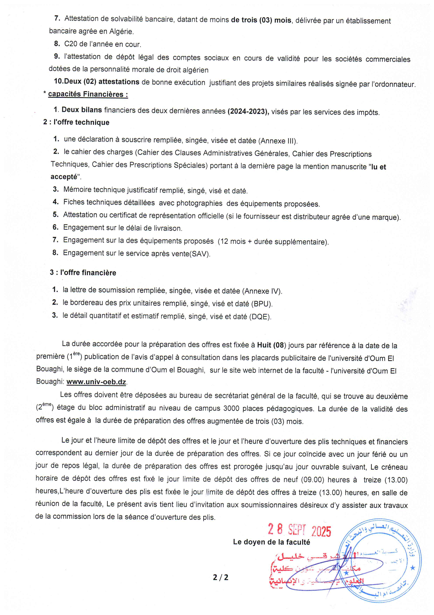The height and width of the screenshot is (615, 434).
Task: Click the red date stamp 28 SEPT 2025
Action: tap(299, 530)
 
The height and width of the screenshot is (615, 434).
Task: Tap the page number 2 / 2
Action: tap(221, 577)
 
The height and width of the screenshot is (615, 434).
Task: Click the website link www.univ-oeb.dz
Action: tap(96, 382)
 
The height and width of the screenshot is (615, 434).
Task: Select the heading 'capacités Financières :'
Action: tap(88, 94)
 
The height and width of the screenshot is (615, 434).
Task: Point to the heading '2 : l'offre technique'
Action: tap(76, 122)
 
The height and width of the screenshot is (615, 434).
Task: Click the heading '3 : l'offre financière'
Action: tap(83, 273)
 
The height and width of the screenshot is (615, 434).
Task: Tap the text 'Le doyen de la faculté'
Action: tap(271, 542)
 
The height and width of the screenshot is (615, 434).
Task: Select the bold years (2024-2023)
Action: tap(248, 112)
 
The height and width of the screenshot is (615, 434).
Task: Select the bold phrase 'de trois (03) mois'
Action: tap(261, 20)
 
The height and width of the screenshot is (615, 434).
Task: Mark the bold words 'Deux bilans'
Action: tap(82, 110)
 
